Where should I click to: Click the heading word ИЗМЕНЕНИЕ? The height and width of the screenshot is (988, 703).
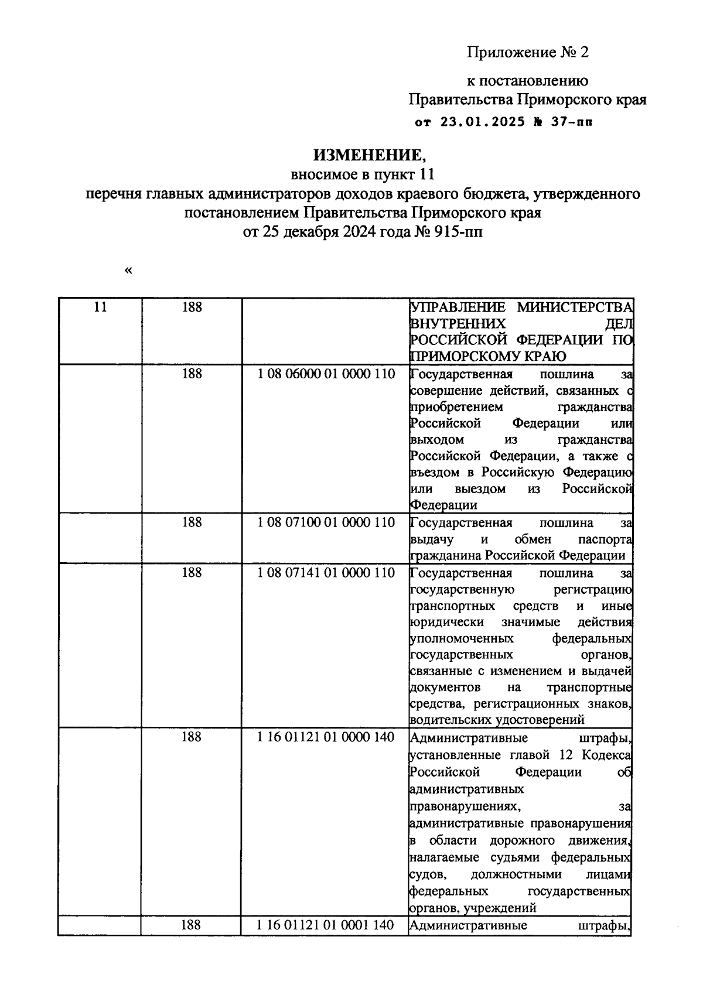click(x=367, y=155)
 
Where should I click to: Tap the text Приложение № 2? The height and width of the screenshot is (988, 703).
click(x=527, y=53)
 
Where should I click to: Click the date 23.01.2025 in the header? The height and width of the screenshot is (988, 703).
click(x=479, y=123)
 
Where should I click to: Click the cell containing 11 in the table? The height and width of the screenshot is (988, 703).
click(x=100, y=307)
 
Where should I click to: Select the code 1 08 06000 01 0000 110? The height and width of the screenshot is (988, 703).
click(x=326, y=374)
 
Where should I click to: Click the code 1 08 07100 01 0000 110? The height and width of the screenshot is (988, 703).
click(x=326, y=522)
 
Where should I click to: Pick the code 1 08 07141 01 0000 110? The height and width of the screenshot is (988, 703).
click(x=326, y=572)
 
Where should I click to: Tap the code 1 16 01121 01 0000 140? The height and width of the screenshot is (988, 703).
click(x=326, y=737)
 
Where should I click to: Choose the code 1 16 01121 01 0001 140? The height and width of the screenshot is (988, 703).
click(x=326, y=925)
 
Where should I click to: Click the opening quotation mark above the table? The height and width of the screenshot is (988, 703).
click(x=128, y=271)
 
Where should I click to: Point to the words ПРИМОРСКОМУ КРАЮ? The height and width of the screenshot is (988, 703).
click(x=487, y=356)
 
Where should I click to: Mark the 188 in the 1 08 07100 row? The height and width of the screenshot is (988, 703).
click(x=192, y=522)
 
